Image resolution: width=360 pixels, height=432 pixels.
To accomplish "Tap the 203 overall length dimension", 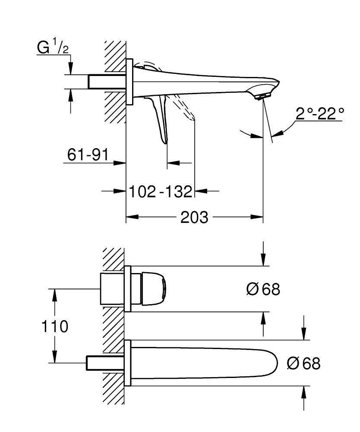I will coord(194,216).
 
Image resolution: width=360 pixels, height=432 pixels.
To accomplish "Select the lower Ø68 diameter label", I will coord(303,364).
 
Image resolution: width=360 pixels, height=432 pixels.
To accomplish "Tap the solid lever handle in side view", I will coord(161,119).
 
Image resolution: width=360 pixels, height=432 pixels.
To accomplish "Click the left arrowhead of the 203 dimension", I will coord(130,216).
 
